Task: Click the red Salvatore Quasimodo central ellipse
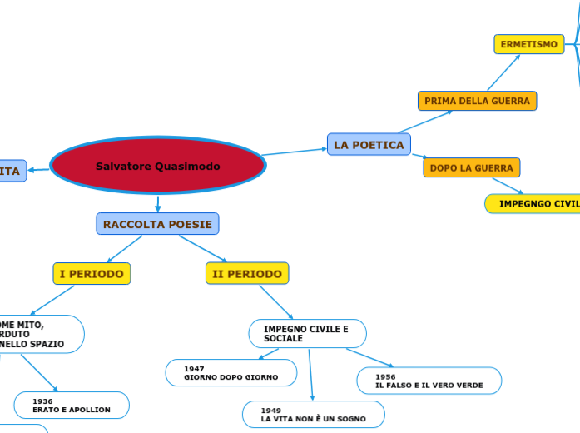[x=158, y=166]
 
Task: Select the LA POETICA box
[x=369, y=145]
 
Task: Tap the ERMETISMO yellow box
[x=528, y=44]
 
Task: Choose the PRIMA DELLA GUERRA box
[x=477, y=101]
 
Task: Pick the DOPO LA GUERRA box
[x=471, y=167]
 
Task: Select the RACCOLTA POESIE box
[x=157, y=224]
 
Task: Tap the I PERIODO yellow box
[x=92, y=273]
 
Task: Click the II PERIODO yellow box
[x=247, y=273]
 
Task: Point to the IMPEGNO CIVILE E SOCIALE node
[x=307, y=334]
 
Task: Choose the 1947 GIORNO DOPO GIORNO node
[x=231, y=373]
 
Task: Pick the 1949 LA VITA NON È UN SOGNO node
[x=313, y=414]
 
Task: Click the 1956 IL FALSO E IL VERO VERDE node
[x=429, y=381]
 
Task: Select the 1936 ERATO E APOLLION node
[x=72, y=406]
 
